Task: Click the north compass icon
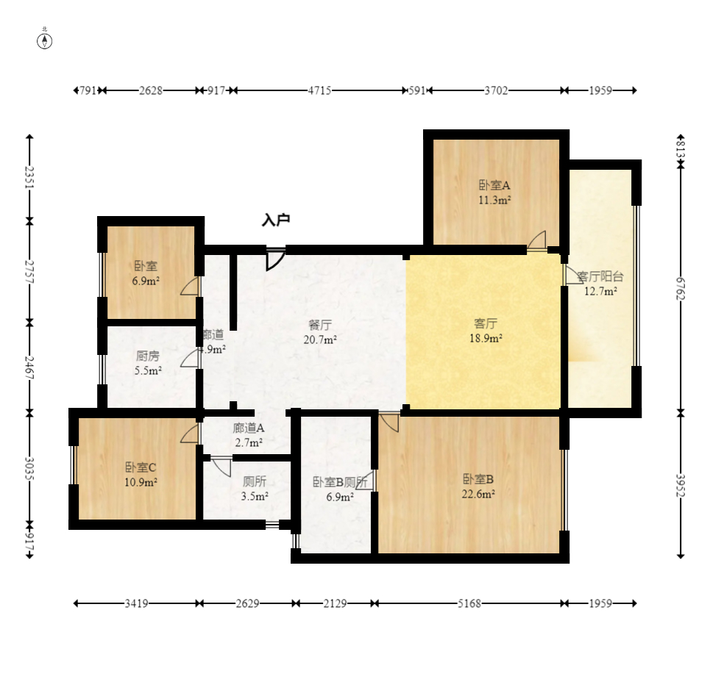45,40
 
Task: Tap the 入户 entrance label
276,220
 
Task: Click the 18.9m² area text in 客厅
486,339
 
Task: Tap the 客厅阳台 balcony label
600,277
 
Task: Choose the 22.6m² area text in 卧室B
478,494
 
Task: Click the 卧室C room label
141,467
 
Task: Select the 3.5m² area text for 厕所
255,496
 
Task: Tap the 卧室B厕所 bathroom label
340,482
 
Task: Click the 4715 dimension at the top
319,90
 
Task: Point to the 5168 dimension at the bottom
469,603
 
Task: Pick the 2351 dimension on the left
29,178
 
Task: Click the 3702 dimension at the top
496,90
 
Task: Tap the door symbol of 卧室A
536,241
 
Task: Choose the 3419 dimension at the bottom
136,603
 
